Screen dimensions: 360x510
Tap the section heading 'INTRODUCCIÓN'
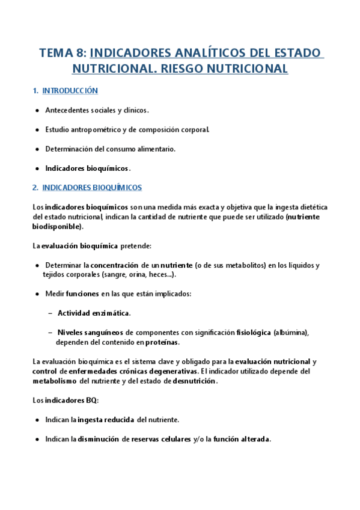point(70,91)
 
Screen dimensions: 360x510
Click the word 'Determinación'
point(69,149)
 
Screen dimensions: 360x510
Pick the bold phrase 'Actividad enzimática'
point(93,313)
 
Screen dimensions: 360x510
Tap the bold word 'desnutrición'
point(194,381)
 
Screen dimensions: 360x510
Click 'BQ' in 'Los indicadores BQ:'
point(91,400)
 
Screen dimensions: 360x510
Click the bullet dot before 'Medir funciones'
point(38,293)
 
